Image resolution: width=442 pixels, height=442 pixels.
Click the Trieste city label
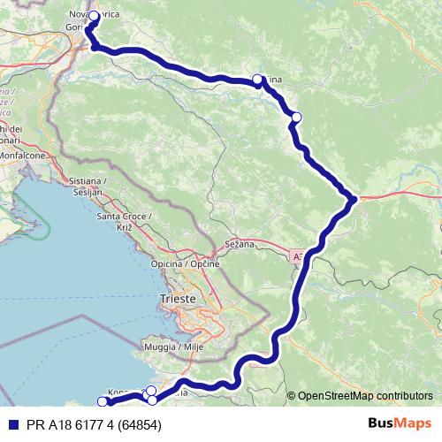[178, 299]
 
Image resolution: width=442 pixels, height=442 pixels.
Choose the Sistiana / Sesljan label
[87, 186]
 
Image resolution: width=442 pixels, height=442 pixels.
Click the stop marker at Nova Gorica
[94, 16]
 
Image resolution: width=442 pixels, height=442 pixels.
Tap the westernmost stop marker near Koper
[103, 402]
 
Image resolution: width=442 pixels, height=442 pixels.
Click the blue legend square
[9, 425]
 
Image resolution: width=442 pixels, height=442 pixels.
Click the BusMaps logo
[400, 424]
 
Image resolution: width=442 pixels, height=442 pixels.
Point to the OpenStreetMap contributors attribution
[365, 395]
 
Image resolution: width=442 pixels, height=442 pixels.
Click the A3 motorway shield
[296, 255]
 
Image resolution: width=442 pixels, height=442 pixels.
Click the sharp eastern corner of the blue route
[354, 199]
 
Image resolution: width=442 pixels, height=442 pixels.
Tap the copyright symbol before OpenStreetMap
[292, 395]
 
